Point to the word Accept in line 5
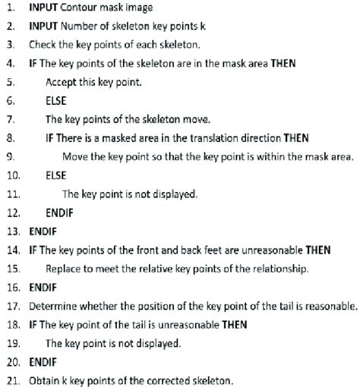[x=62, y=82]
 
